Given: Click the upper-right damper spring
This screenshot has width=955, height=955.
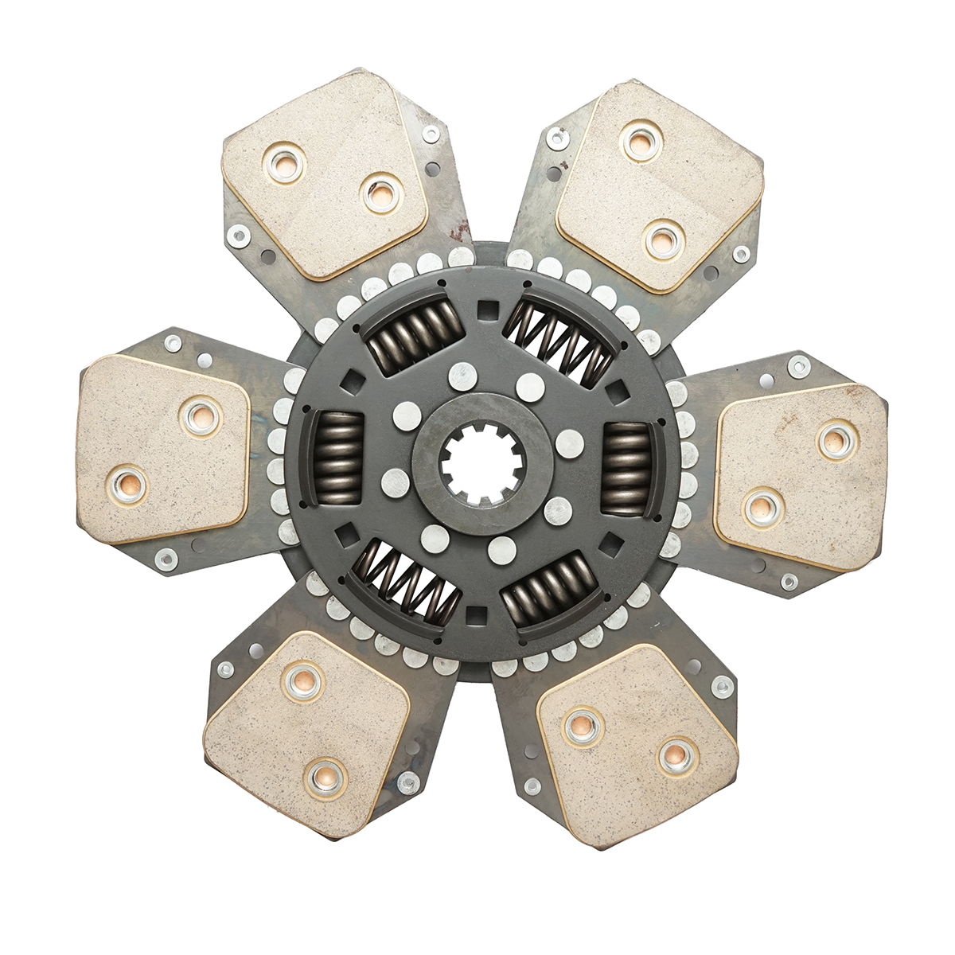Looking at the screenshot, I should point(560,337).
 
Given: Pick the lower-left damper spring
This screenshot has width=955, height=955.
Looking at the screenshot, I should point(406,586).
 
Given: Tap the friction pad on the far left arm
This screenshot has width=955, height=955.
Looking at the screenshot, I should point(163,450).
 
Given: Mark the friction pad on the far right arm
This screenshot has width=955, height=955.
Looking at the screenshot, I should point(800,474).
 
